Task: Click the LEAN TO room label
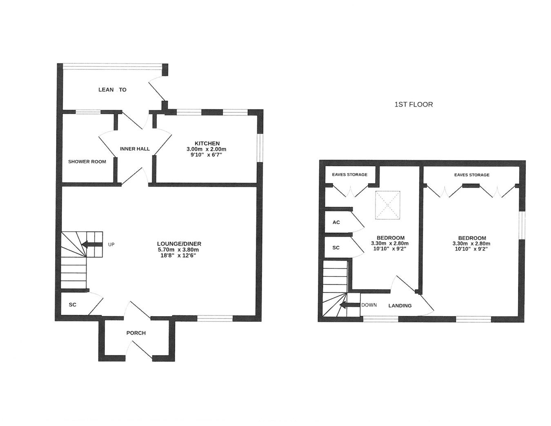[112, 89]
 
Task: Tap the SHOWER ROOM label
[87, 161]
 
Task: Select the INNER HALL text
[135, 149]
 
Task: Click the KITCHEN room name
[207, 143]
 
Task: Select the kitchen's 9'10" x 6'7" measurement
[206, 155]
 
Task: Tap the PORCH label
[136, 333]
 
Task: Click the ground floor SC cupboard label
[73, 305]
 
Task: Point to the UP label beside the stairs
[111, 245]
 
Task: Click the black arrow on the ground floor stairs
[91, 245]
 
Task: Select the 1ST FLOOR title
[413, 105]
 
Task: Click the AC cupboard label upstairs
[336, 223]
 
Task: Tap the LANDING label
[400, 306]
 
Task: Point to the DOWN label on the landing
[369, 305]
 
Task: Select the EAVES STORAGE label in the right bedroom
[471, 175]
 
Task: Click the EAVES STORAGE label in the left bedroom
[349, 174]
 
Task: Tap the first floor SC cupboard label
[336, 248]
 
